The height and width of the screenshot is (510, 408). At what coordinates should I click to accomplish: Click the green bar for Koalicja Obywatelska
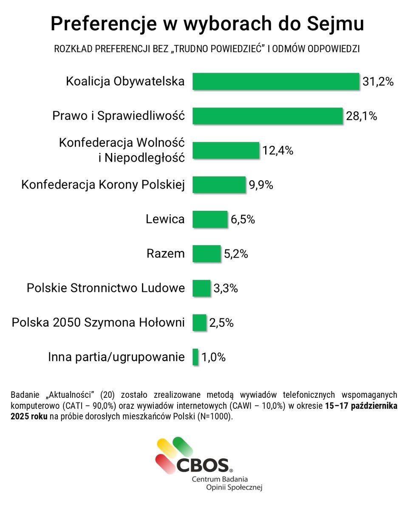click(x=276, y=81)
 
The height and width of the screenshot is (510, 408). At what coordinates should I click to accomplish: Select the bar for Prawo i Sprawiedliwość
click(x=267, y=116)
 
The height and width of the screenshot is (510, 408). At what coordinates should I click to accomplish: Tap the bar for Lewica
click(x=210, y=219)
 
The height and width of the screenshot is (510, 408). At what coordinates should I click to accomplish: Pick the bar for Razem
click(x=207, y=254)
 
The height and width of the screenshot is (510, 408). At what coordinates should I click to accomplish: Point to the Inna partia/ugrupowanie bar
click(x=195, y=357)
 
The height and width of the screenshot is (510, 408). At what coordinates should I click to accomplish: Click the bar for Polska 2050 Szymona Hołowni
click(x=199, y=323)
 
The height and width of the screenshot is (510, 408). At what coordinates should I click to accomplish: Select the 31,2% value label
click(x=378, y=82)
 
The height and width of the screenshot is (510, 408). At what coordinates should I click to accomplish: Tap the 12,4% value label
click(x=278, y=150)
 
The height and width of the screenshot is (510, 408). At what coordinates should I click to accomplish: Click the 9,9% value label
click(x=261, y=185)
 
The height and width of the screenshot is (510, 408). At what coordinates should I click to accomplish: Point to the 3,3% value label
click(x=226, y=289)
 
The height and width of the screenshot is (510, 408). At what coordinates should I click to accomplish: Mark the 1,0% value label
click(x=213, y=357)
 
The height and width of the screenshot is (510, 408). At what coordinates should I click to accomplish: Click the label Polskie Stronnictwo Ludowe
click(x=106, y=288)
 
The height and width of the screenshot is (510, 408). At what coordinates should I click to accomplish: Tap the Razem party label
click(x=166, y=254)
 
